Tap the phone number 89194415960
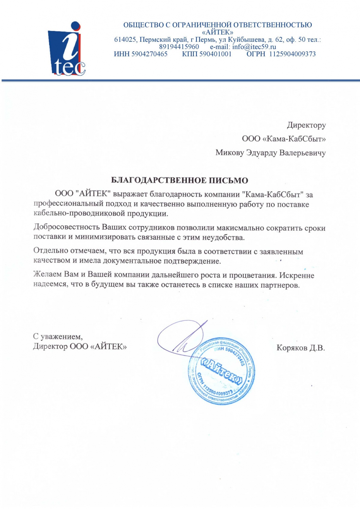click(179, 47)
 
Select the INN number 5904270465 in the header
click(149, 54)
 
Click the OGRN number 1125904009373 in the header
click(292, 54)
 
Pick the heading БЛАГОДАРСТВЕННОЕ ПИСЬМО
click(179, 181)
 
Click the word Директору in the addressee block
click(306, 125)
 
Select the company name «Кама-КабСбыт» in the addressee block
click(294, 139)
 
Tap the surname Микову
click(230, 153)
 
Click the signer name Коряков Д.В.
click(301, 348)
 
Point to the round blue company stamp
click(221, 371)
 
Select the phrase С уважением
click(58, 337)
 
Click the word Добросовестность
click(67, 227)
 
